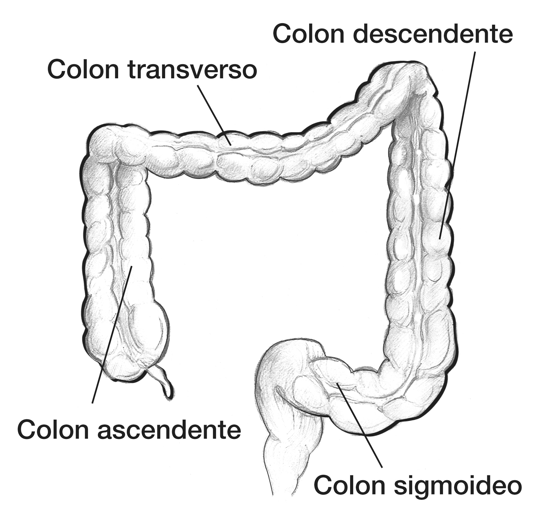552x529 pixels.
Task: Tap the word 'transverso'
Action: pyautogui.click(x=192, y=70)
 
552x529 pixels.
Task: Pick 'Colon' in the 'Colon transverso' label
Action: pyautogui.click(x=83, y=70)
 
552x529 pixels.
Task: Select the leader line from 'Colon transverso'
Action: pyautogui.click(x=214, y=115)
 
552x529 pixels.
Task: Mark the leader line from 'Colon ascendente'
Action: pyautogui.click(x=112, y=334)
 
